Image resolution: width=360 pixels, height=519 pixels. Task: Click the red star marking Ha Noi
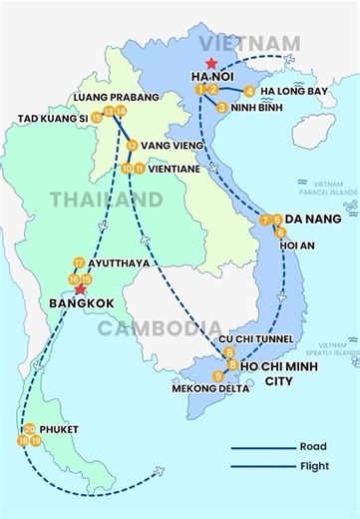(210, 65)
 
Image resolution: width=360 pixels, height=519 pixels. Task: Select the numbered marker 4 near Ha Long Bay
(248, 92)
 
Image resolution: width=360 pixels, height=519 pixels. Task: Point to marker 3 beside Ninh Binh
(220, 107)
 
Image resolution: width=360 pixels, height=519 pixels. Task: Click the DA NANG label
(313, 219)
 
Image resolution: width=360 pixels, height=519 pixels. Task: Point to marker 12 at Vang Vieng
(132, 146)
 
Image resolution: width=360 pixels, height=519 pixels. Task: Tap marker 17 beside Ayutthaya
(78, 263)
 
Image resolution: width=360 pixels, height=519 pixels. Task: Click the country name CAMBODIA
(160, 328)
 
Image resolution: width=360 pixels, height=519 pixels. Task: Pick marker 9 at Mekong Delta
(218, 375)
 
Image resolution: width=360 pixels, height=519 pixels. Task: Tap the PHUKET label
(61, 430)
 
